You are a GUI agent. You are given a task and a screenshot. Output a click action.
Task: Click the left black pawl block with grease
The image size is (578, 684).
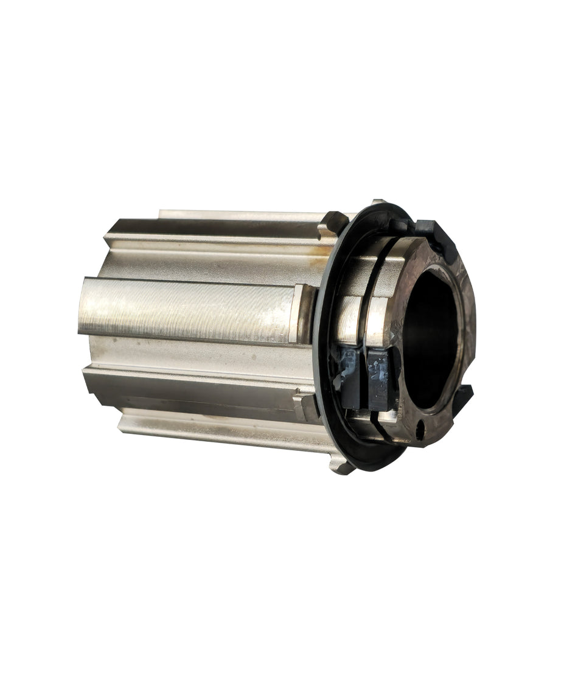tap(352, 377)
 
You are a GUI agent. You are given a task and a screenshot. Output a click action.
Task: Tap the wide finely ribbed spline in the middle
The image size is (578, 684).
tap(189, 307)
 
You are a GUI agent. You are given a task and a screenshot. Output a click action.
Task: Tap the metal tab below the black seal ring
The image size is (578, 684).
tap(341, 466)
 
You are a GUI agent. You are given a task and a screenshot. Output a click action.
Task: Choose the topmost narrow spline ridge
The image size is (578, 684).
tap(237, 215)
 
